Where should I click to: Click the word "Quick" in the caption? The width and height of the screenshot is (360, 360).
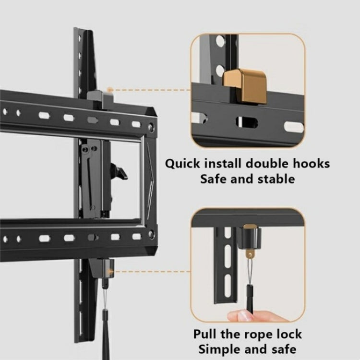coord(184,164)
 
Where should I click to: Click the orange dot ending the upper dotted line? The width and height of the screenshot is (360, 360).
coord(110,89)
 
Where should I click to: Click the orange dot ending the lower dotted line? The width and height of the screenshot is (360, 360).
coord(111,272)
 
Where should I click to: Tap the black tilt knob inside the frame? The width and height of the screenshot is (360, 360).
coord(118,172)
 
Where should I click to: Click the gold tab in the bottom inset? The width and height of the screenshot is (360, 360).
coord(249,226)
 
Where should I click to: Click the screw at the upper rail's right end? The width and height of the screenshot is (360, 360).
coord(151,127)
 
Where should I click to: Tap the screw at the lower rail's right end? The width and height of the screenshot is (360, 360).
coord(151,234)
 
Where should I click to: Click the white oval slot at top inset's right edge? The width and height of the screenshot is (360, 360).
coord(293,127)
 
